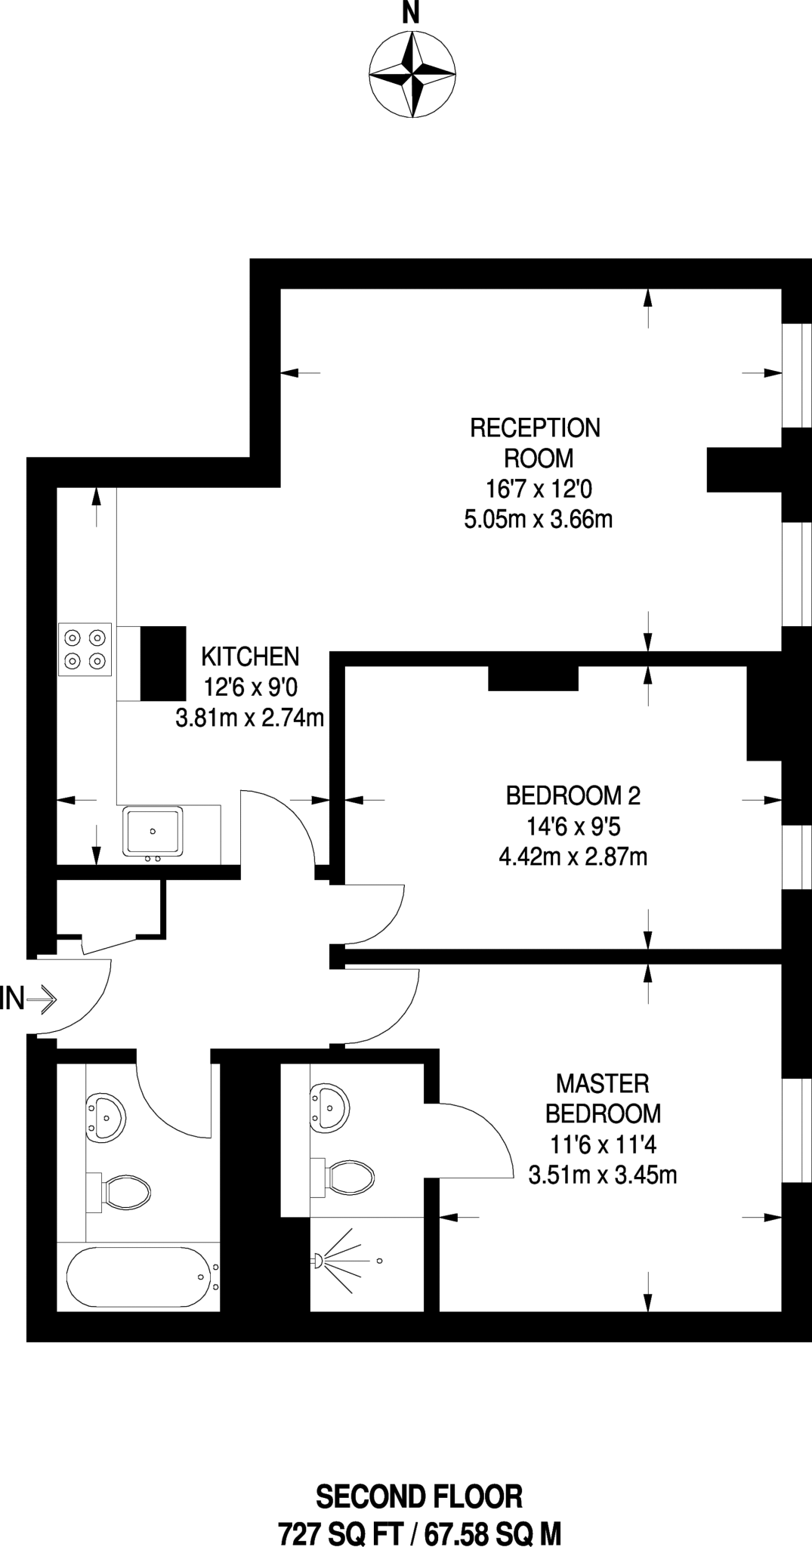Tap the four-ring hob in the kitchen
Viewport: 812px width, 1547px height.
coord(85,649)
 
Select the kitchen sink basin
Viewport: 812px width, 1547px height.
coord(153,832)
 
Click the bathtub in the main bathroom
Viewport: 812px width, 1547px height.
coord(137,1277)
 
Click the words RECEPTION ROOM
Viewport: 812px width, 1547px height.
coord(535,443)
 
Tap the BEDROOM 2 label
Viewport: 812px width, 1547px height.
coord(573,795)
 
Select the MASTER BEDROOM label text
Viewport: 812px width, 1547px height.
coord(602,1098)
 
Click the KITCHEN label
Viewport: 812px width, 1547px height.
coord(250,656)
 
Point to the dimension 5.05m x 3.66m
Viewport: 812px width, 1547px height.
coord(538,520)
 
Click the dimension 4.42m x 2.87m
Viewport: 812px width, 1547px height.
coord(573,857)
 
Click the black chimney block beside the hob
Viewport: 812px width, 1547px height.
coord(163,663)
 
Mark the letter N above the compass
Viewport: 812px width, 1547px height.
coord(410,14)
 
